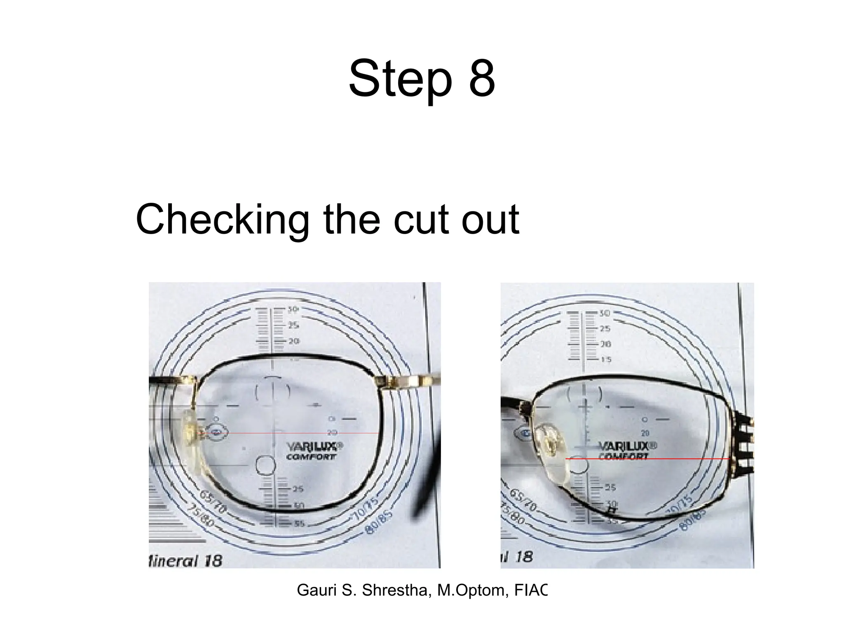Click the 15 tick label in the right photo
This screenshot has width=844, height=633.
pyautogui.click(x=605, y=360)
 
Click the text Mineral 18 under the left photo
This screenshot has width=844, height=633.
pyautogui.click(x=185, y=561)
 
